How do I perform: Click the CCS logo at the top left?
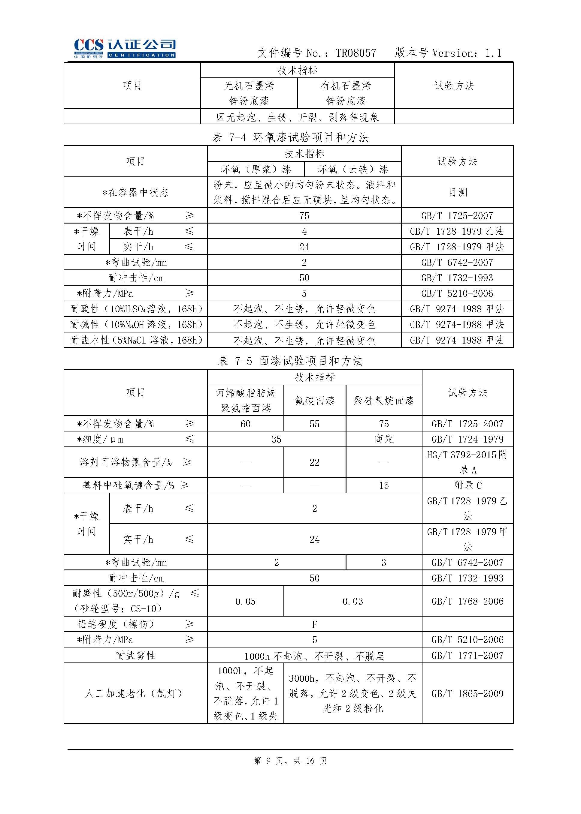125,48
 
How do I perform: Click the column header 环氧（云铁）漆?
353,169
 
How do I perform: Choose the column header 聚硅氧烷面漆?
383,400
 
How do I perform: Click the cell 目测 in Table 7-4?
458,192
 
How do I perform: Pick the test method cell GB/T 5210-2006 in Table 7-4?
457,293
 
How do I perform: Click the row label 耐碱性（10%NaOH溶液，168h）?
136,325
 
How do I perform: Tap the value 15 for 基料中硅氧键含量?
383,485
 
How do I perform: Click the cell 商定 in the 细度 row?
383,439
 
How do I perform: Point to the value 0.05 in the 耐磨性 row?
245,601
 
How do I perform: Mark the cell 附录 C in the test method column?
468,485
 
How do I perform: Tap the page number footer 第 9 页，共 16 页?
290,761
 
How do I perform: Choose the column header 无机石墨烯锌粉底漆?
249,93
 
